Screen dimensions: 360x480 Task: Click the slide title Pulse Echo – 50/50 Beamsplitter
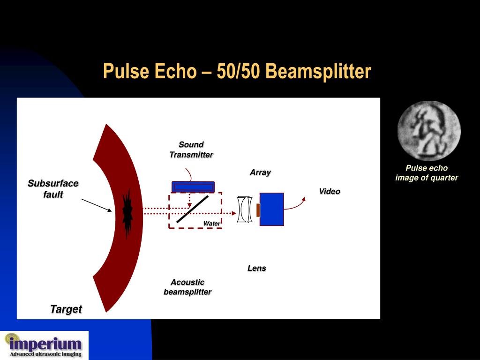click(237, 72)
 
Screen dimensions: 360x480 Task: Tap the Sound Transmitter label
click(191, 150)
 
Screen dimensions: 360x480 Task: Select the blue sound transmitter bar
click(193, 187)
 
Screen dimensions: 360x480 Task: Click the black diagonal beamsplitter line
click(193, 209)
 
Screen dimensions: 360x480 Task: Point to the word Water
click(211, 224)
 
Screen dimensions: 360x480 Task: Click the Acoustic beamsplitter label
click(187, 287)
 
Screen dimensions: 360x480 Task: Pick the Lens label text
click(256, 268)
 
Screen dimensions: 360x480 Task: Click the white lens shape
click(244, 210)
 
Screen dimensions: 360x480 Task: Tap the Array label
click(260, 172)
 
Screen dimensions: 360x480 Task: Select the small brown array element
click(258, 210)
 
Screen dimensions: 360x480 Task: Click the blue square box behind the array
click(272, 209)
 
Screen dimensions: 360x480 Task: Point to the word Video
click(330, 191)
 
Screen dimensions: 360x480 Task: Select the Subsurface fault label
click(53, 188)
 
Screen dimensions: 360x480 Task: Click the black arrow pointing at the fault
click(97, 205)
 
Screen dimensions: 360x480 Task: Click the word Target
click(66, 309)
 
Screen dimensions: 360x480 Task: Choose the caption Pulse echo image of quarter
click(427, 172)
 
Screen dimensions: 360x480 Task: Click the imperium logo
click(45, 345)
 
